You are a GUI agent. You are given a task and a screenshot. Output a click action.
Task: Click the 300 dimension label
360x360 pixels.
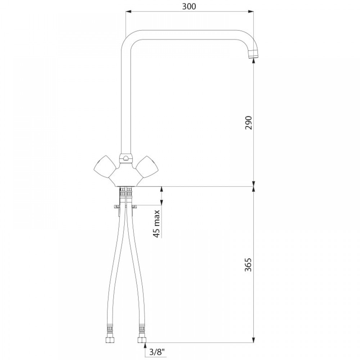tap(189, 6)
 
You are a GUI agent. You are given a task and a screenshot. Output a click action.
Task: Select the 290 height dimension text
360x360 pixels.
tap(248, 123)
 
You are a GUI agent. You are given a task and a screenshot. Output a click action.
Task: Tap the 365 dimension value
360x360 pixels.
tap(248, 265)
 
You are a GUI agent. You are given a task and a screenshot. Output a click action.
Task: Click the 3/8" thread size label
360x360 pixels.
tap(157, 352)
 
